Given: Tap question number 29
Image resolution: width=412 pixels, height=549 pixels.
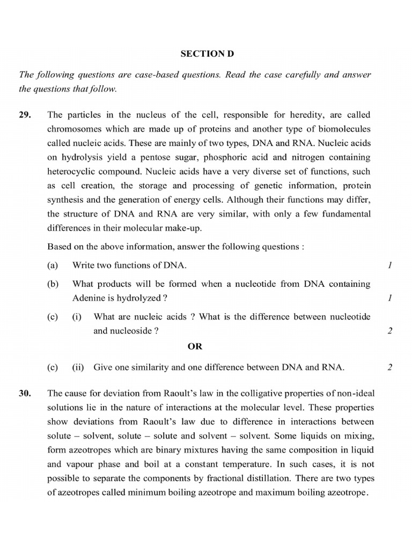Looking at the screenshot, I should point(24,115).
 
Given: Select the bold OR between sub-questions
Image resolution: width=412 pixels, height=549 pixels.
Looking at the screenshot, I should point(195,346).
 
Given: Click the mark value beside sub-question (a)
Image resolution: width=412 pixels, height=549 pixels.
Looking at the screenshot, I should point(389,265).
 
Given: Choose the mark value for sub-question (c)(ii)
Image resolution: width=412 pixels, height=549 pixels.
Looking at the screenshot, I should point(389,367).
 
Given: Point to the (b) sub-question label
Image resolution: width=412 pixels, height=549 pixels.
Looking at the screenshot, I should point(52,284).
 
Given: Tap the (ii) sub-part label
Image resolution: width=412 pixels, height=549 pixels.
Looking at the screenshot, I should point(78,367).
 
